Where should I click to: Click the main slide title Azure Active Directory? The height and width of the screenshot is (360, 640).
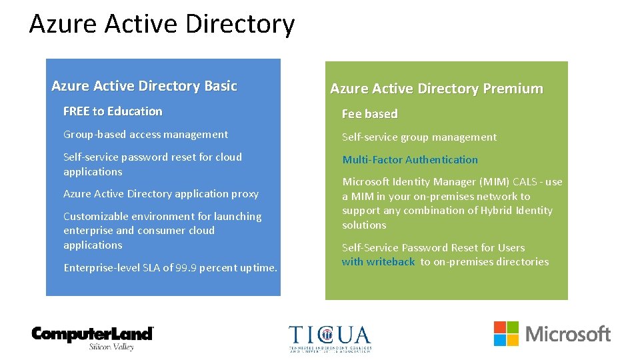click(161, 25)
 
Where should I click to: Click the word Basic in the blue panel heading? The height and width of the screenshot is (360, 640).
click(221, 86)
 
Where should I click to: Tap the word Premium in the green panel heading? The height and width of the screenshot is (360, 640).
click(514, 89)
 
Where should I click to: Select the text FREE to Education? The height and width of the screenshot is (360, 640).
click(113, 111)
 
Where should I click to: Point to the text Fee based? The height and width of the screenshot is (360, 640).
click(369, 114)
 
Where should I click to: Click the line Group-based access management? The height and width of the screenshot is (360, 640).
click(145, 135)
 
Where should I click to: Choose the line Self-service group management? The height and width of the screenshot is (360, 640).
click(419, 137)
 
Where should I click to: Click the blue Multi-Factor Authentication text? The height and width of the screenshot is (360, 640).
click(409, 160)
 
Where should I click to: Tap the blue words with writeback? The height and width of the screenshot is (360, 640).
click(378, 262)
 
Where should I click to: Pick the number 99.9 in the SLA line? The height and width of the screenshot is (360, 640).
click(185, 268)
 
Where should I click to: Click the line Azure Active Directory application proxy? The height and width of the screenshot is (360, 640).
click(161, 194)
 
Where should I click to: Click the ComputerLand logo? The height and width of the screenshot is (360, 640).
click(93, 333)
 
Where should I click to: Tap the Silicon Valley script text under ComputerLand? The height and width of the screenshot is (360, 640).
click(111, 347)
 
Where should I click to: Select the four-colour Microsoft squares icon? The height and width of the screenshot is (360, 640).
click(506, 333)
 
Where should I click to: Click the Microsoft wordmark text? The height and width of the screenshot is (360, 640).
click(568, 333)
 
